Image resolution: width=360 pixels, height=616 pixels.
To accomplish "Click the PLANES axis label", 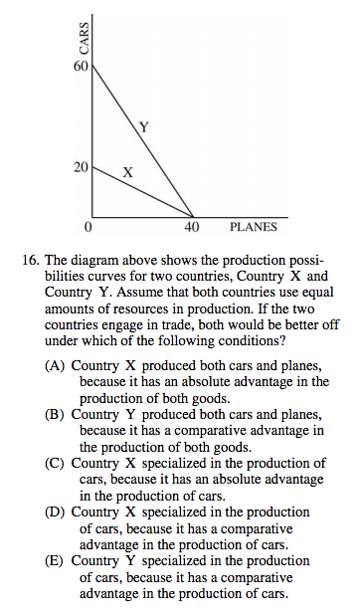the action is tap(254, 227).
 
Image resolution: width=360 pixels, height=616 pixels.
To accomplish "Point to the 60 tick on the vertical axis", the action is tap(81, 67).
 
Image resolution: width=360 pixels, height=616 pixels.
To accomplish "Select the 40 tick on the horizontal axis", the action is tap(193, 227).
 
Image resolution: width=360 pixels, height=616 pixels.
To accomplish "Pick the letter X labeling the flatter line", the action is tap(126, 171).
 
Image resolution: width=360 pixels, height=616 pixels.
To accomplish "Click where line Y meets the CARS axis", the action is tap(91, 67).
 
